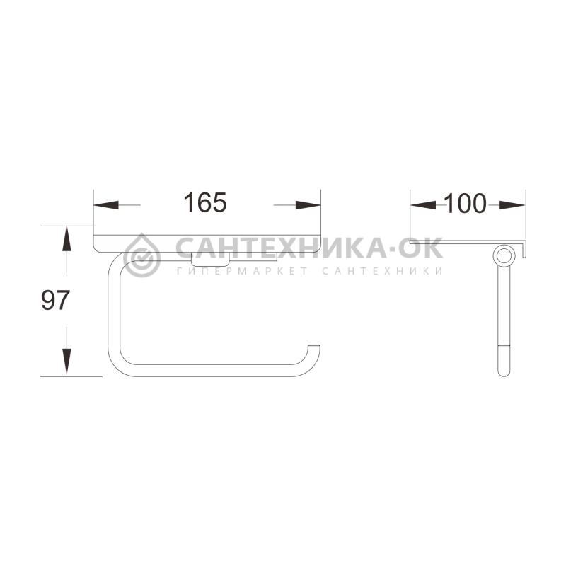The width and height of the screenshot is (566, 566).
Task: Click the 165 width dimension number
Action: (x=205, y=202)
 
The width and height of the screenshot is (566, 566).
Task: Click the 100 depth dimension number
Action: (x=465, y=203)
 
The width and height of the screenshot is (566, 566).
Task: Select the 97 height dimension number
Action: (x=55, y=300)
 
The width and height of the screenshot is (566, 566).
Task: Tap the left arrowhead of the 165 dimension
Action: (x=106, y=205)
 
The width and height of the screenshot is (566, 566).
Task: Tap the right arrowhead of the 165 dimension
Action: (x=308, y=205)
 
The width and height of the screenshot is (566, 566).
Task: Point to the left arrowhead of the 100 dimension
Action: (x=423, y=205)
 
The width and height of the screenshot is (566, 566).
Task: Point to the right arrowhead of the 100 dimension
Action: (x=512, y=205)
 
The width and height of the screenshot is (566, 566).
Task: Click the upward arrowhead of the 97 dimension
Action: (x=67, y=238)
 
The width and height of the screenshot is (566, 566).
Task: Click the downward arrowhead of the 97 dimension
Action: (x=67, y=362)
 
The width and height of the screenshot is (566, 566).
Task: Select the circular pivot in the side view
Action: (x=503, y=255)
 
